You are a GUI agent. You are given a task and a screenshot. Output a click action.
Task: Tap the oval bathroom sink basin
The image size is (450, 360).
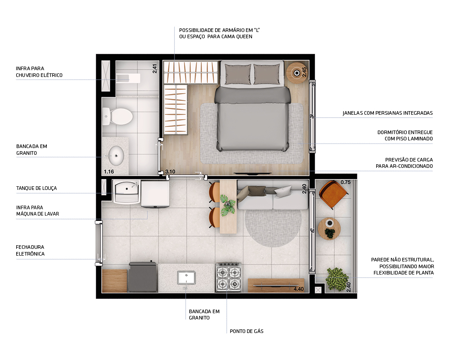click(116, 156)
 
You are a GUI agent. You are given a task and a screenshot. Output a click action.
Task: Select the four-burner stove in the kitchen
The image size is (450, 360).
click(228, 278)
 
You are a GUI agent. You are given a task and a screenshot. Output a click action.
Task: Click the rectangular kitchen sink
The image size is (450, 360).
click(186, 277)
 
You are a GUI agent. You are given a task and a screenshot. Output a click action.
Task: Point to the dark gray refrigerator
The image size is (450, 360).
click(142, 277)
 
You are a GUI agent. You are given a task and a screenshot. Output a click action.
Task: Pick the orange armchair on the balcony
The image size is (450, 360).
click(333, 193)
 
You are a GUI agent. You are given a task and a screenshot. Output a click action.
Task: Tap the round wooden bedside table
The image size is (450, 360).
click(297, 72)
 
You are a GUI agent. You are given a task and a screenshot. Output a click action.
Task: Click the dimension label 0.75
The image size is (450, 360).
click(346, 182)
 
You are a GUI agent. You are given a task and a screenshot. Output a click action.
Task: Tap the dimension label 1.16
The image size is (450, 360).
click(108, 171)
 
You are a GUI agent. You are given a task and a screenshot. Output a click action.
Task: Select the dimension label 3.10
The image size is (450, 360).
click(170, 171)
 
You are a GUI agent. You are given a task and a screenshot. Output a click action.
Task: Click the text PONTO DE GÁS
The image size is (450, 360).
click(246, 331)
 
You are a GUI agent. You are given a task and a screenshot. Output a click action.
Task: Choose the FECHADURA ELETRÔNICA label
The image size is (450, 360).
click(30, 251)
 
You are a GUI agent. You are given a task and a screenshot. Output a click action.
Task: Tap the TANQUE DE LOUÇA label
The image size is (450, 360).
click(36, 188)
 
